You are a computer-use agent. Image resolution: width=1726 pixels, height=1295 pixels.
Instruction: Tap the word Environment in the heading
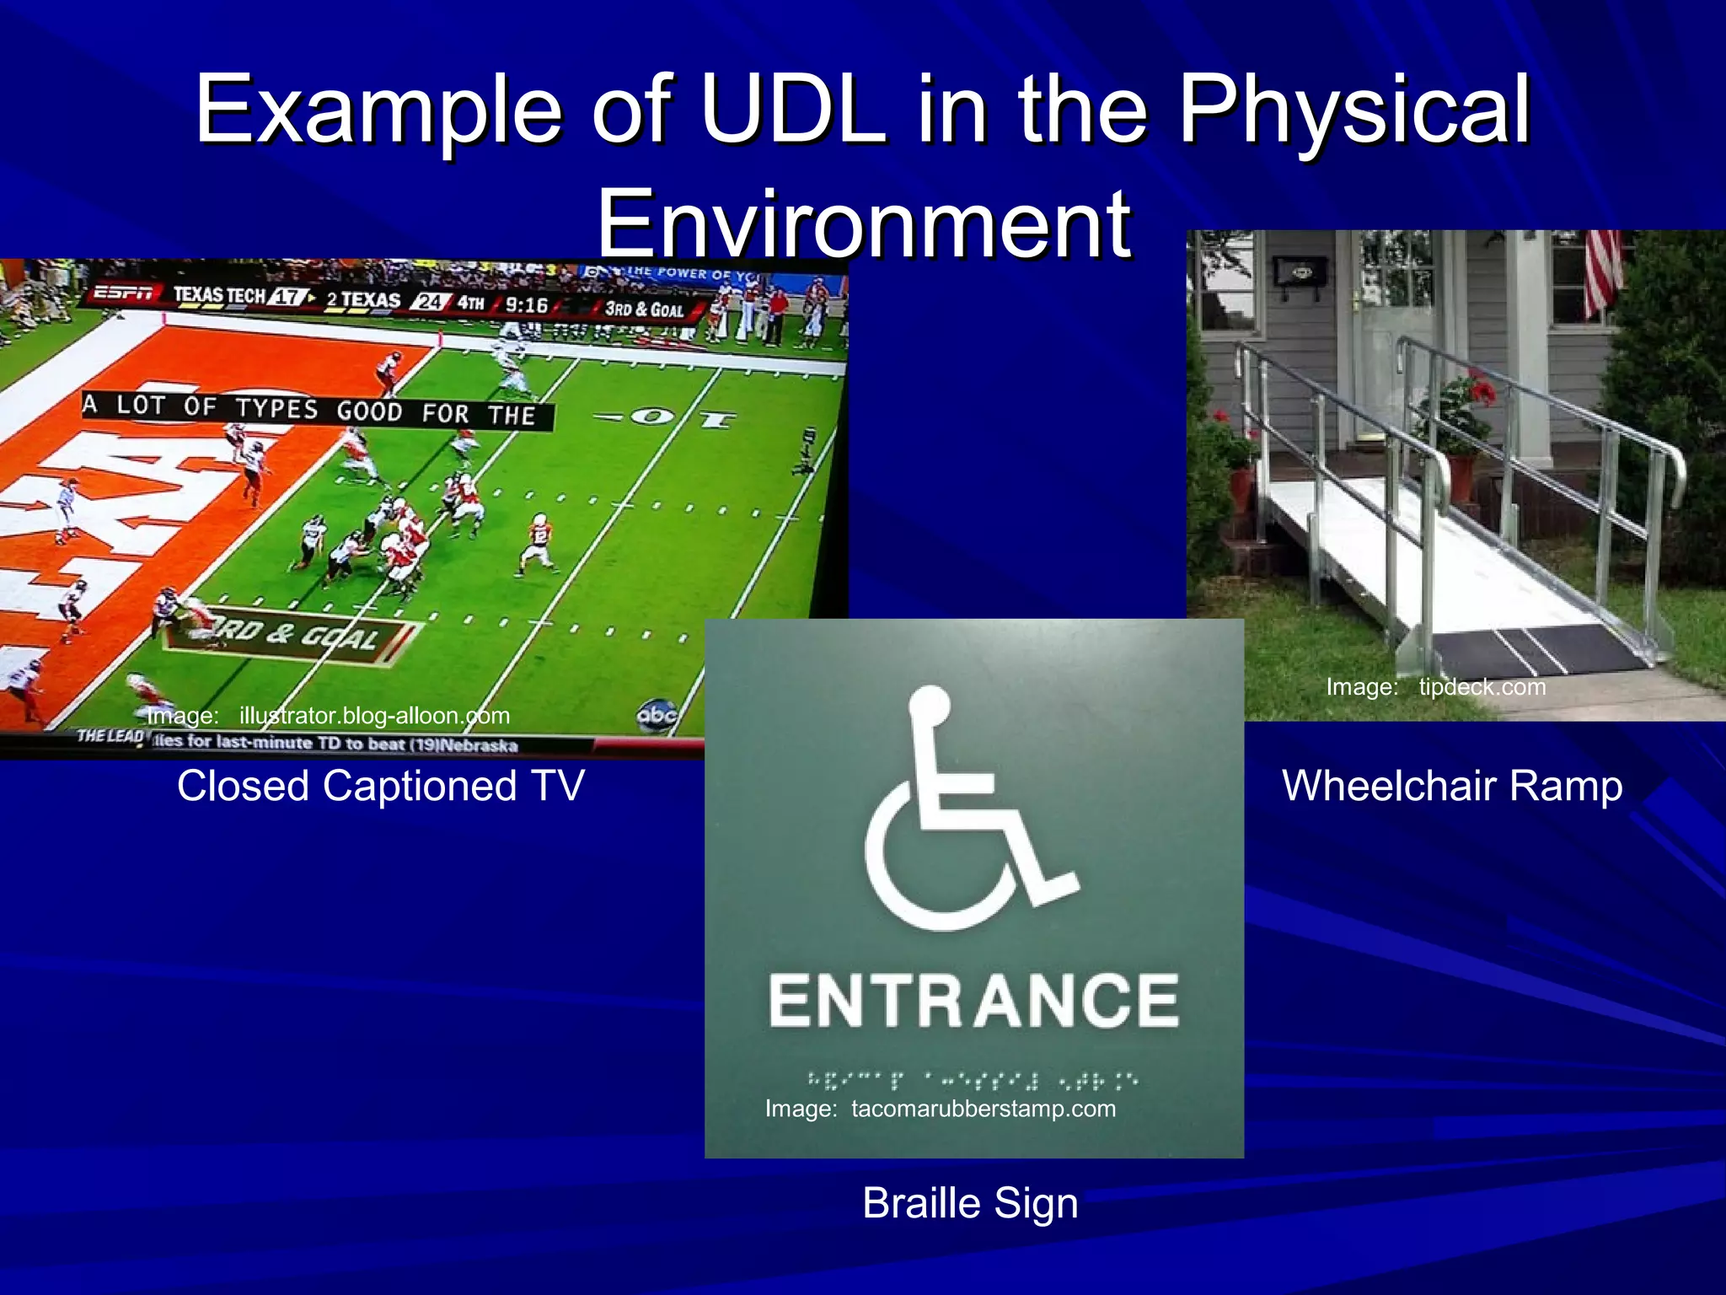pyautogui.click(x=864, y=224)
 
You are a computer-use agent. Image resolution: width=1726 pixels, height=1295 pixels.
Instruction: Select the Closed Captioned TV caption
pyautogui.click(x=380, y=786)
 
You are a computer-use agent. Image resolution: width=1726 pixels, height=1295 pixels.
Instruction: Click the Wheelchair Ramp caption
pyautogui.click(x=1451, y=786)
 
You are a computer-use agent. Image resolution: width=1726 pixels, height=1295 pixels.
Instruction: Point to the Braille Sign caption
pyautogui.click(x=970, y=1203)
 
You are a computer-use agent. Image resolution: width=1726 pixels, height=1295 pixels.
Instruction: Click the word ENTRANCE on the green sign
pyautogui.click(x=973, y=1002)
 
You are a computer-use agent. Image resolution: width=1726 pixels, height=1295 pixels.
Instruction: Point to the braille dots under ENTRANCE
pyautogui.click(x=973, y=1078)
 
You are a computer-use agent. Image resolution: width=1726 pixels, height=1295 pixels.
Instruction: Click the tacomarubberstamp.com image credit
pyautogui.click(x=941, y=1109)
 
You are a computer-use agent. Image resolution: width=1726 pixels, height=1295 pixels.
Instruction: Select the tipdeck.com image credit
pyautogui.click(x=1436, y=687)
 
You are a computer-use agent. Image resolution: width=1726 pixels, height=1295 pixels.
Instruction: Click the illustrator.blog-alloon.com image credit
pyautogui.click(x=329, y=716)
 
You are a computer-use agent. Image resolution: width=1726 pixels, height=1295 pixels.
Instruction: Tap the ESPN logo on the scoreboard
pyautogui.click(x=123, y=293)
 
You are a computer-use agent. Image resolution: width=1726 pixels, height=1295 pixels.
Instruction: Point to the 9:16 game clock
pyautogui.click(x=526, y=305)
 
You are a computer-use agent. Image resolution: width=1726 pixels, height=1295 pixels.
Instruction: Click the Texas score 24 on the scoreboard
pyautogui.click(x=430, y=301)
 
